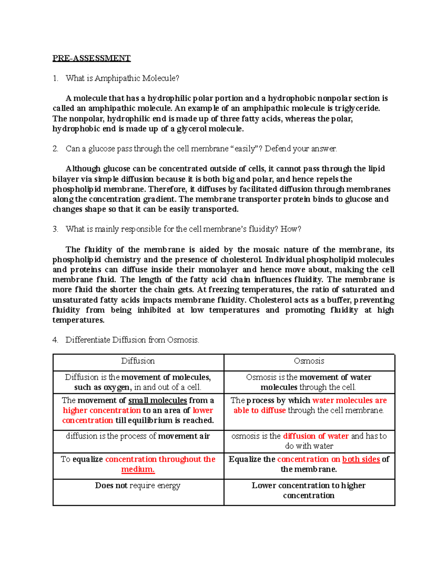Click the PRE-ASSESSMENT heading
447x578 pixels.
click(91, 58)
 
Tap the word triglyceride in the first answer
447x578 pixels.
click(357, 108)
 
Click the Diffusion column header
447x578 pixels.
click(138, 361)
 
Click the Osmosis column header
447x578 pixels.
click(309, 361)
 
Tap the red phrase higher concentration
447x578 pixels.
click(102, 411)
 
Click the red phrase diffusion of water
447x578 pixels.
click(316, 436)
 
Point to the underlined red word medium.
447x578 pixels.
click(137, 469)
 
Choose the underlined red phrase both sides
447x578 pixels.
click(361, 459)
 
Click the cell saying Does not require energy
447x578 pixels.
click(138, 486)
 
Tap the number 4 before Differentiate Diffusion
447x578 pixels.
click(55, 340)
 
